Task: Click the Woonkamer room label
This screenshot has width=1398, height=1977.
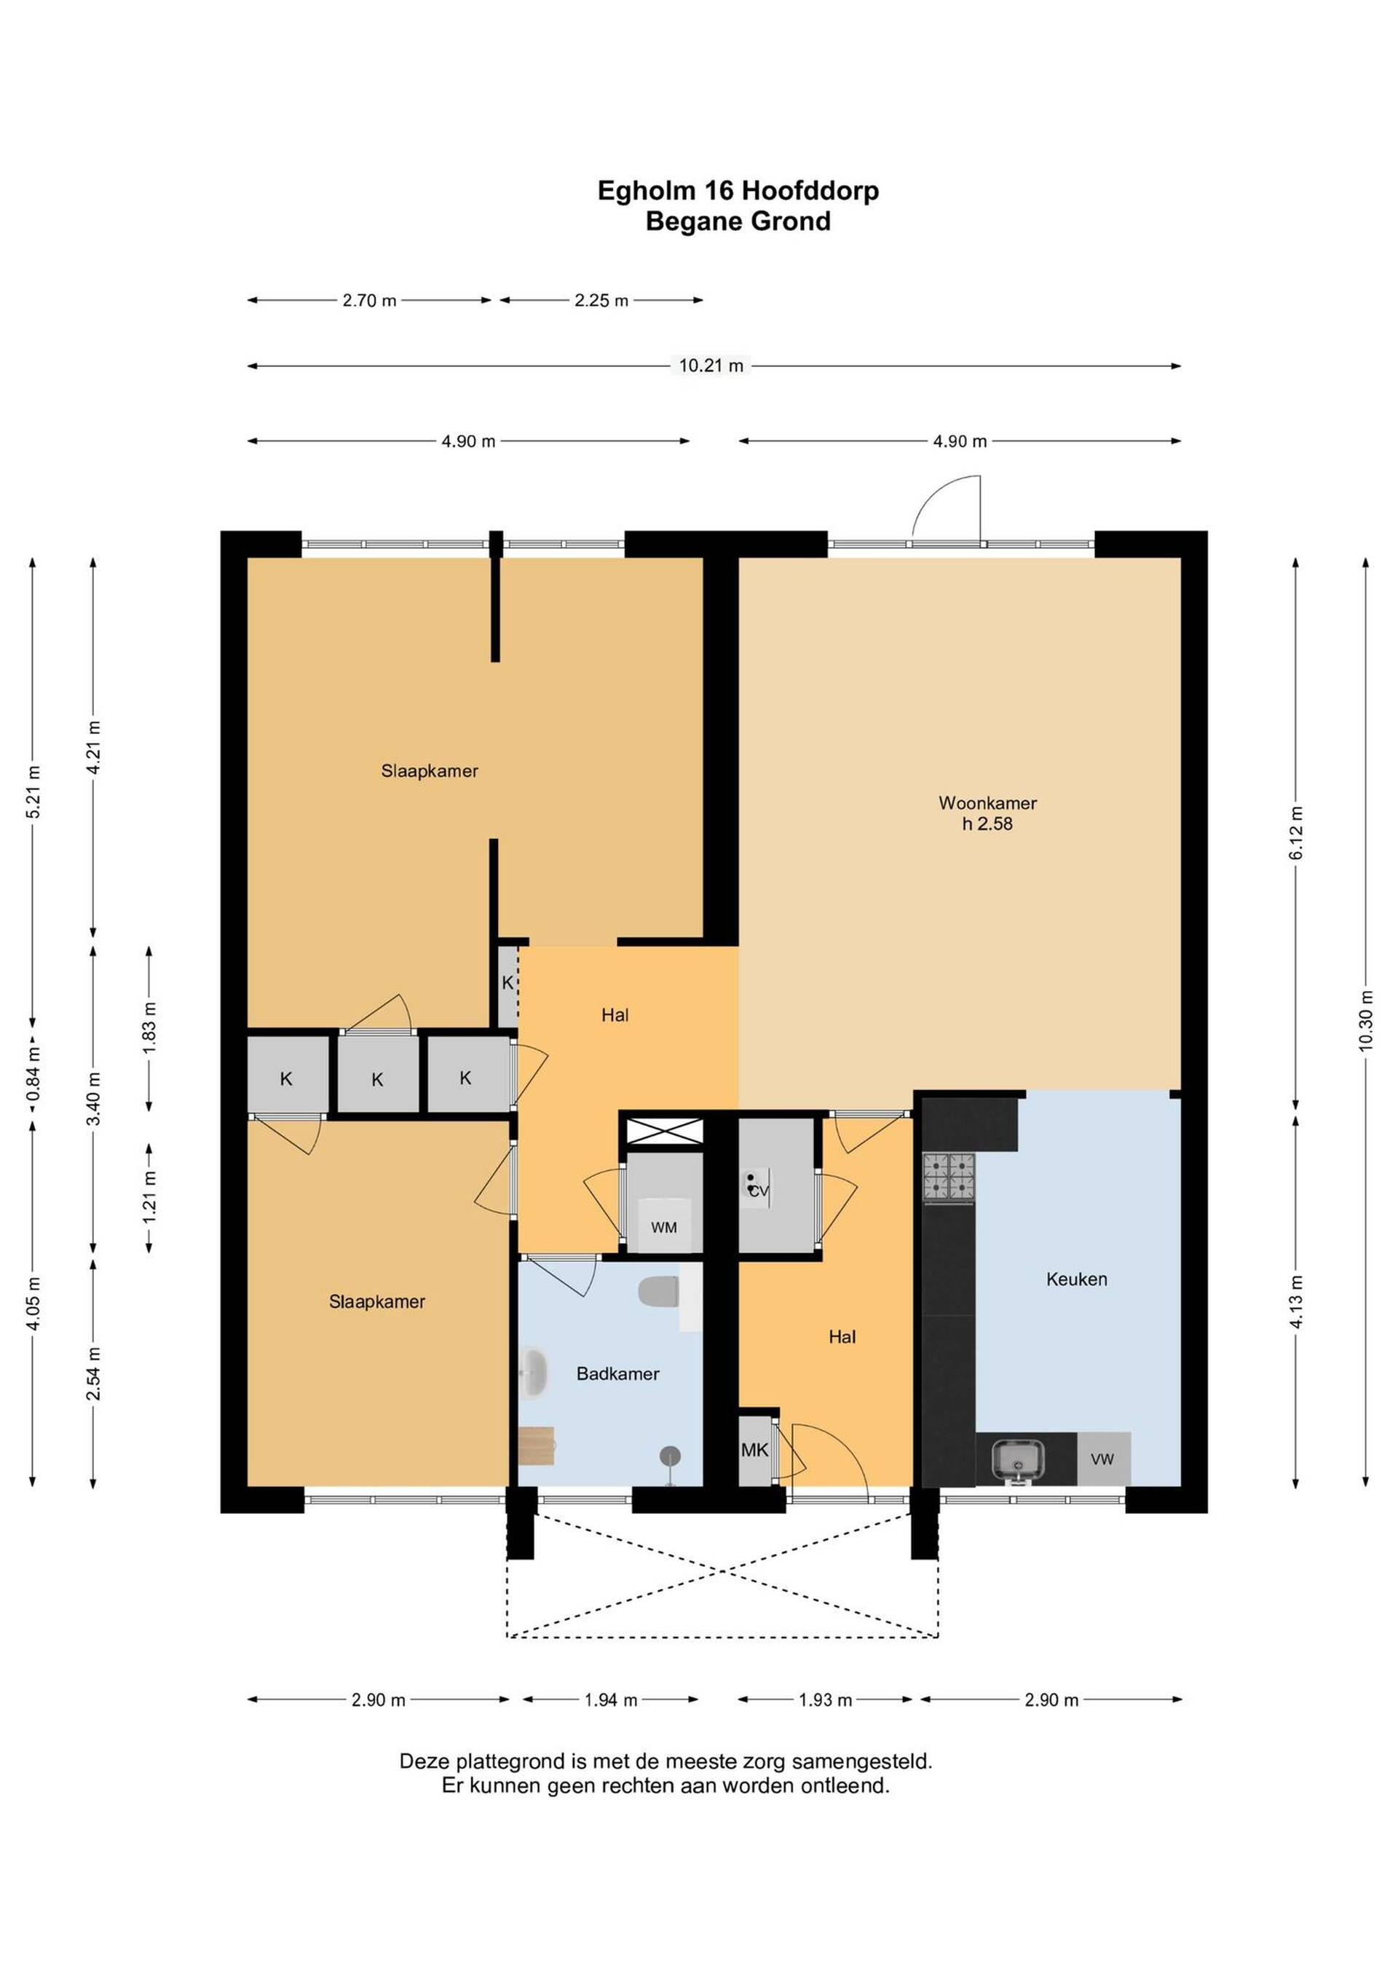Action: (x=987, y=802)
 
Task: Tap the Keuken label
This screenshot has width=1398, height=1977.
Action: (x=1076, y=1279)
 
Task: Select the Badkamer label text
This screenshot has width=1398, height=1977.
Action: (x=617, y=1373)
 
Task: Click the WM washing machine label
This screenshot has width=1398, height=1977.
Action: (x=664, y=1227)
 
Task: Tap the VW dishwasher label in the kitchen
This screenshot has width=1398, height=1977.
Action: (x=1102, y=1459)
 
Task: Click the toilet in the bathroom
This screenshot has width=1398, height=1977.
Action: (x=660, y=1292)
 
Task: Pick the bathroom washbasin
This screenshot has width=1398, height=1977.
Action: (x=534, y=1372)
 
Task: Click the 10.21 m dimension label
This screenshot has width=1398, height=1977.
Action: (x=711, y=365)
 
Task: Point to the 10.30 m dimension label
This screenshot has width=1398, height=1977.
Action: (x=1366, y=1022)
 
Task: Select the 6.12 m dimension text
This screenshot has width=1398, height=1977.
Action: (x=1296, y=832)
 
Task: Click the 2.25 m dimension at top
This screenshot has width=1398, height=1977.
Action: (x=601, y=301)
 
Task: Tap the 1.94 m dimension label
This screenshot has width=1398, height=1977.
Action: (x=610, y=1700)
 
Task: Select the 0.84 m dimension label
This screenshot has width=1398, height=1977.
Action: (x=33, y=1073)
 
